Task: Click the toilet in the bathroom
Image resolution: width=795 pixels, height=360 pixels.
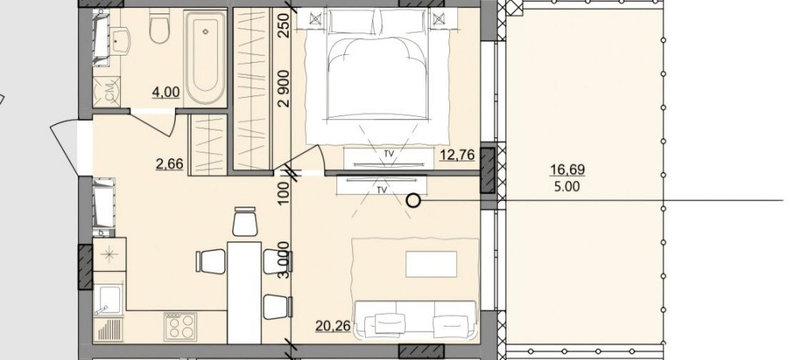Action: [x=159, y=27]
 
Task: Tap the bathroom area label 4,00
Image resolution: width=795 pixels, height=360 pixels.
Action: [x=166, y=92]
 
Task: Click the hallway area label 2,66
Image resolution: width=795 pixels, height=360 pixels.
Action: [x=170, y=164]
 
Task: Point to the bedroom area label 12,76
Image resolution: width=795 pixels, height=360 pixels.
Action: [x=457, y=155]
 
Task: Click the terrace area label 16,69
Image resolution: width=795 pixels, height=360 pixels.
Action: [x=568, y=170]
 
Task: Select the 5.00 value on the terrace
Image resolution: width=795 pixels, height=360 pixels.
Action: [x=568, y=187]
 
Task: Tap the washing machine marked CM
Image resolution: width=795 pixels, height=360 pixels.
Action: [x=107, y=91]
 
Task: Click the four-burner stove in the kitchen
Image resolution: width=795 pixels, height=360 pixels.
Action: [x=180, y=327]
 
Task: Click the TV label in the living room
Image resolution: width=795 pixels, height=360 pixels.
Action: [x=382, y=190]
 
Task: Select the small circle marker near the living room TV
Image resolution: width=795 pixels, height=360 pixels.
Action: [x=413, y=201]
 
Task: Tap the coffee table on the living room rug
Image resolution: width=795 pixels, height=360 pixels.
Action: [x=431, y=264]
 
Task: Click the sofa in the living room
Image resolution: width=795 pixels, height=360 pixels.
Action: [x=416, y=319]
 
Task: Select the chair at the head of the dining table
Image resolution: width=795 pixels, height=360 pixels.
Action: [x=245, y=222]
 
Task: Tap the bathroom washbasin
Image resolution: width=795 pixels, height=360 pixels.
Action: [x=120, y=41]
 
